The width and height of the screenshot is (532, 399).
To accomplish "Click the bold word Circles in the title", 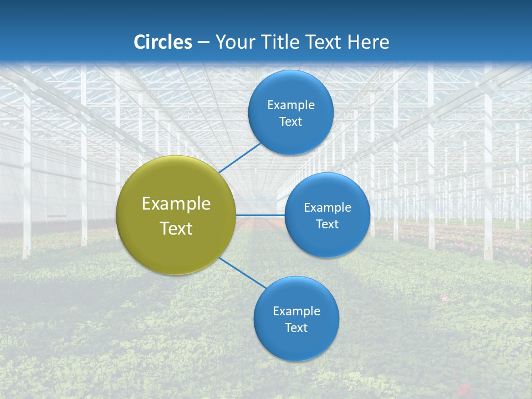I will coord(163,42).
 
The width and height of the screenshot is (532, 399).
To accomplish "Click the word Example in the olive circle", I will coord(176,204).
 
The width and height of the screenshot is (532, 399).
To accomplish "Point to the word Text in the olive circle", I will coord(176,228).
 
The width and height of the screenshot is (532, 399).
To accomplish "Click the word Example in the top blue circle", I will coord(291,105).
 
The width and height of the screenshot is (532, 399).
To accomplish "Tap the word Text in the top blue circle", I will coord(291,122).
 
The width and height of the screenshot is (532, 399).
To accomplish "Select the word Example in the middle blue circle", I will coord(327,208).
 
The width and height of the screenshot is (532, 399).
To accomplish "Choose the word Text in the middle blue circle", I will coord(327,224).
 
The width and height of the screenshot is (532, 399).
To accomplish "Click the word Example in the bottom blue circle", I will coord(296,311).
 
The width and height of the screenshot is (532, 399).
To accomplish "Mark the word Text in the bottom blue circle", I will coord(296,328).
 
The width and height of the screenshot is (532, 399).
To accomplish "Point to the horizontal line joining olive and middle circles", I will coord(260,215).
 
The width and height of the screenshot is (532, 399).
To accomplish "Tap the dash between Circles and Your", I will coord(203,43).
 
